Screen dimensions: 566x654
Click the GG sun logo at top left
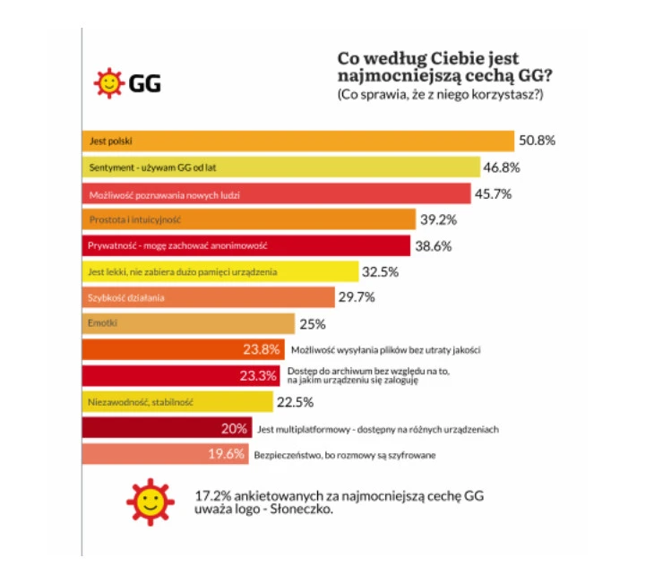coord(108,84)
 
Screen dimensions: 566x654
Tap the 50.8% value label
coord(538,141)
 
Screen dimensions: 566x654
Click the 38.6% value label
coord(434,245)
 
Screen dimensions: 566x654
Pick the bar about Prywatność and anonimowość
coord(245,245)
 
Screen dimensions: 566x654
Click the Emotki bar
coord(188,323)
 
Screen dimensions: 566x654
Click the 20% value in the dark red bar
coord(234,429)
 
